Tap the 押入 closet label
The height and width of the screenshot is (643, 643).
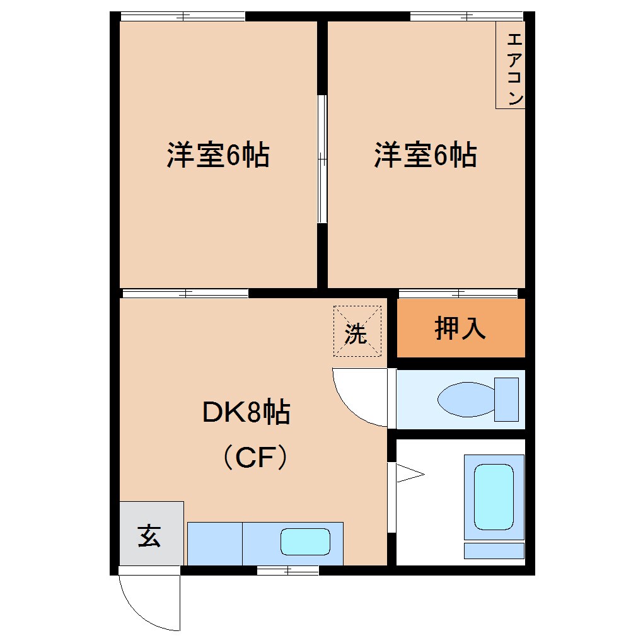[x=460, y=328]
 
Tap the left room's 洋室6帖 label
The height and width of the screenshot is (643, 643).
[x=217, y=155]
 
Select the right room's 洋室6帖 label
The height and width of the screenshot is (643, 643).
[x=426, y=155]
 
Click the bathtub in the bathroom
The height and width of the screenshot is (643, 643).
[x=494, y=497]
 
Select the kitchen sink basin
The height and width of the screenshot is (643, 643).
[x=305, y=542]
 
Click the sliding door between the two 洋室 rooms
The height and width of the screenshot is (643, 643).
[x=322, y=159]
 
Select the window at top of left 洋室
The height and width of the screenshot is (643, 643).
[x=182, y=16]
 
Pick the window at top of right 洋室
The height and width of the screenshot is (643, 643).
[x=466, y=16]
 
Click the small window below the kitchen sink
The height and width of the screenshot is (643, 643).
[x=287, y=571]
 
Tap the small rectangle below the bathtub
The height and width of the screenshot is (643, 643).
[x=494, y=550]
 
